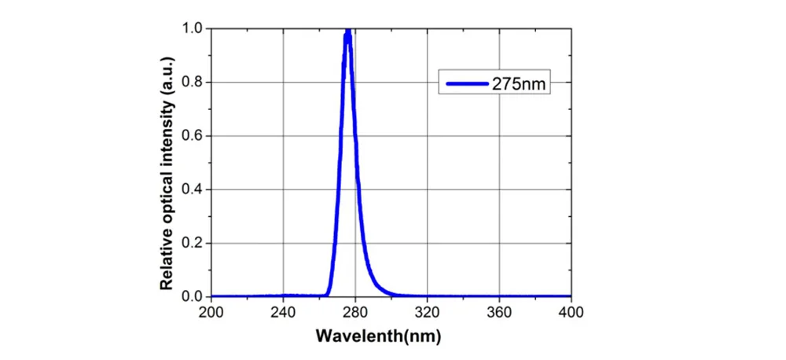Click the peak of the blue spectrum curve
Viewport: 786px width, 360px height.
[347, 31]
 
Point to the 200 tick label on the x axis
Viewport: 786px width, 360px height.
[211, 312]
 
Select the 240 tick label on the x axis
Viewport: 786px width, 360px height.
[283, 312]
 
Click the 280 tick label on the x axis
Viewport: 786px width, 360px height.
[355, 312]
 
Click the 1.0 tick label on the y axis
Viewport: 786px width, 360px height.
[195, 28]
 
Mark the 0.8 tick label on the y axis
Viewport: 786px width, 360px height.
[195, 82]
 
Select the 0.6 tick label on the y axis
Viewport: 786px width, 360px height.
[195, 136]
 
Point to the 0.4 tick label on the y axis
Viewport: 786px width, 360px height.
[195, 189]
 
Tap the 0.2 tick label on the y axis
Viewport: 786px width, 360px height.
[195, 243]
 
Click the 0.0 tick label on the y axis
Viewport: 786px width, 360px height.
[195, 296]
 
